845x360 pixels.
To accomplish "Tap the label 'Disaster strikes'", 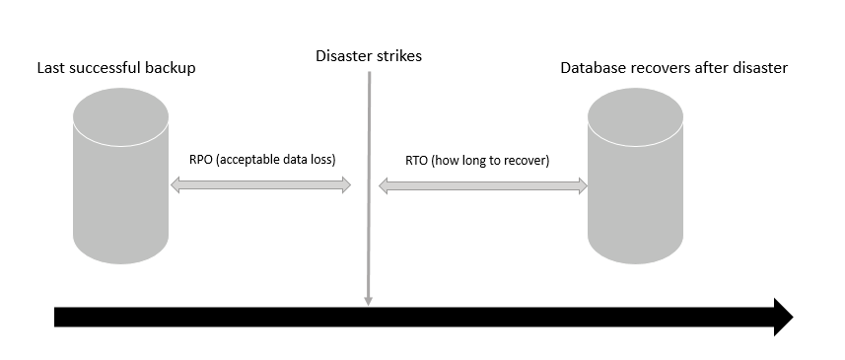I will (x=369, y=56).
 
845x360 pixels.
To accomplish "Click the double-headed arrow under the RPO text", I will (x=261, y=184).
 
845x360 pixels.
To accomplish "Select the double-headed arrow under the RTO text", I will (x=483, y=184).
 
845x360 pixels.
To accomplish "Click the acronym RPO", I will (x=201, y=160).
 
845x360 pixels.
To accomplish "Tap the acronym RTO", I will (x=418, y=160).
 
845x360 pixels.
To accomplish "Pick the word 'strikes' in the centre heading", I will (x=397, y=56).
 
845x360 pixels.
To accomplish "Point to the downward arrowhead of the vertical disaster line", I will (x=368, y=299).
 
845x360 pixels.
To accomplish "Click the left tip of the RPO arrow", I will (x=175, y=184).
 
